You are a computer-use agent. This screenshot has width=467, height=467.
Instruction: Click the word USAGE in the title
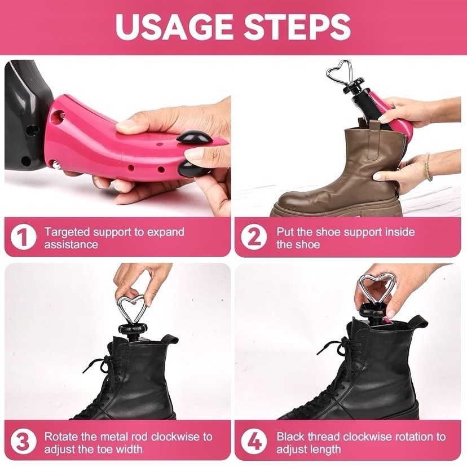pyautogui.click(x=173, y=27)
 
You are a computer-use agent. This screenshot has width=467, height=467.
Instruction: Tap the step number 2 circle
pyautogui.click(x=255, y=237)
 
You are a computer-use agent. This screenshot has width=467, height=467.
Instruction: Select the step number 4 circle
pyautogui.click(x=255, y=442)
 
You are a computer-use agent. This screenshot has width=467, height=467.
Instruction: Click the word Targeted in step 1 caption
pyautogui.click(x=67, y=232)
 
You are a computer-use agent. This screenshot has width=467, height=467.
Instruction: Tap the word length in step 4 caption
pyautogui.click(x=325, y=450)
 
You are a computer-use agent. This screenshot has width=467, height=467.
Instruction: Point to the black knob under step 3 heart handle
pyautogui.click(x=131, y=330)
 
